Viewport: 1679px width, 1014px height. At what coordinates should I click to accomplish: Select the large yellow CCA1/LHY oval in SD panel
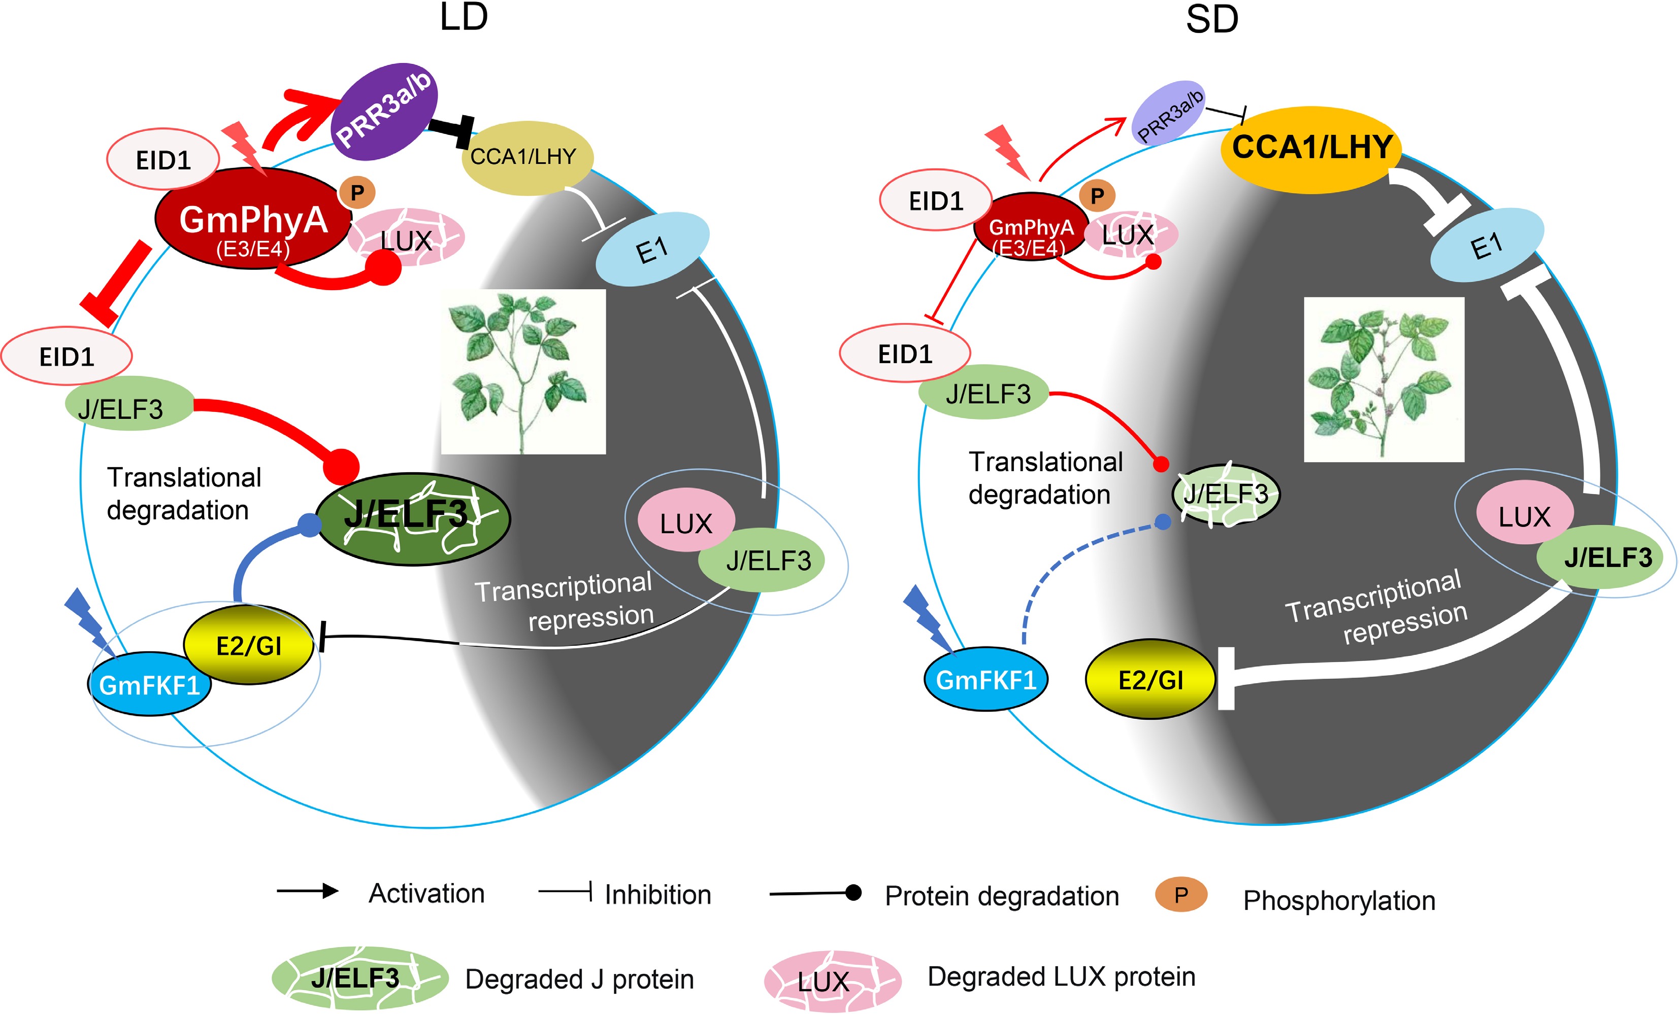pyautogui.click(x=1310, y=149)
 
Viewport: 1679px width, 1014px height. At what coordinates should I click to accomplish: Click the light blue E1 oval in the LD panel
pyautogui.click(x=652, y=249)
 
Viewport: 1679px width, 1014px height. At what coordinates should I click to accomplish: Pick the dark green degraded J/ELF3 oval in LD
pyautogui.click(x=412, y=519)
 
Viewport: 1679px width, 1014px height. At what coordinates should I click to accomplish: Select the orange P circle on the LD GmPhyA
pyautogui.click(x=357, y=193)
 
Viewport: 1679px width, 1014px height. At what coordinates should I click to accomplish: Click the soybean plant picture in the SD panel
pyautogui.click(x=1384, y=379)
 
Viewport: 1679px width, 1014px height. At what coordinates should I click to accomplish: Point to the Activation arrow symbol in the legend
pyautogui.click(x=308, y=891)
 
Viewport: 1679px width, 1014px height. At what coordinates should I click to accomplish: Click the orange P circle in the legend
pyautogui.click(x=1181, y=895)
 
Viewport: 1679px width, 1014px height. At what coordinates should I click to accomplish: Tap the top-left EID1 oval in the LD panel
pyautogui.click(x=163, y=159)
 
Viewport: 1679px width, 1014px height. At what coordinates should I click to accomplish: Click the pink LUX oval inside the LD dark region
pyautogui.click(x=685, y=521)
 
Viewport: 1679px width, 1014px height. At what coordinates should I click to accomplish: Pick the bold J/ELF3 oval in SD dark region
pyautogui.click(x=1607, y=557)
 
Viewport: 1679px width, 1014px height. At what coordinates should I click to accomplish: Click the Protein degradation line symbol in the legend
pyautogui.click(x=815, y=893)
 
